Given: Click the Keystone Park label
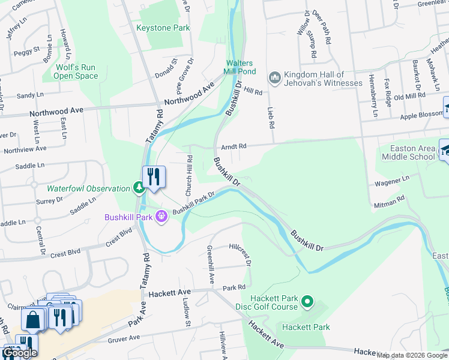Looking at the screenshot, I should (x=163, y=28).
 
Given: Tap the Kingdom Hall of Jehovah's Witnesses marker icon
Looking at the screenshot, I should (x=275, y=77).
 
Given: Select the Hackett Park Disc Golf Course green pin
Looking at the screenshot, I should (x=307, y=301).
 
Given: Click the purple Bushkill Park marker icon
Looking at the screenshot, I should (x=161, y=216).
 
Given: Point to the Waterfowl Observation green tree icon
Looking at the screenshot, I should (x=139, y=188).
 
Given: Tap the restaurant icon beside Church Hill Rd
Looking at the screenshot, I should (x=154, y=176).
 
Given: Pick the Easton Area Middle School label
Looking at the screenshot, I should (x=408, y=153).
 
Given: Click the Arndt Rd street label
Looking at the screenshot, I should (x=234, y=146).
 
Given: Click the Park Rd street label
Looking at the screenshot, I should (x=234, y=288).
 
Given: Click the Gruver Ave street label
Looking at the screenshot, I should (x=124, y=339).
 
